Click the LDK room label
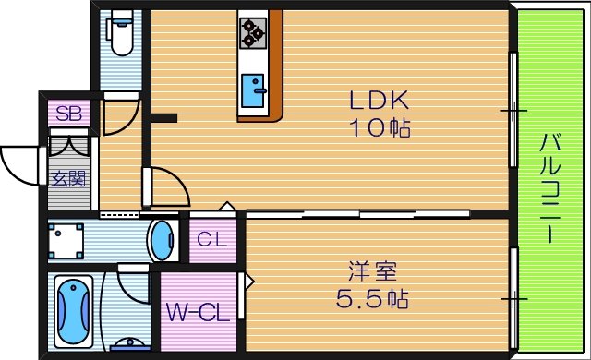pos(377,101)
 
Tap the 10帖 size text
pos(379,127)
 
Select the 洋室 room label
pos(372,272)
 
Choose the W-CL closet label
pos(197,313)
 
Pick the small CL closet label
pos(212,239)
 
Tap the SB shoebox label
pos(67,114)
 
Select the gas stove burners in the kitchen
pos(253,32)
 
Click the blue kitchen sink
pos(253,90)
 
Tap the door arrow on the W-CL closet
pos(246,282)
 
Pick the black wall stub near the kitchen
pos(163,118)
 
